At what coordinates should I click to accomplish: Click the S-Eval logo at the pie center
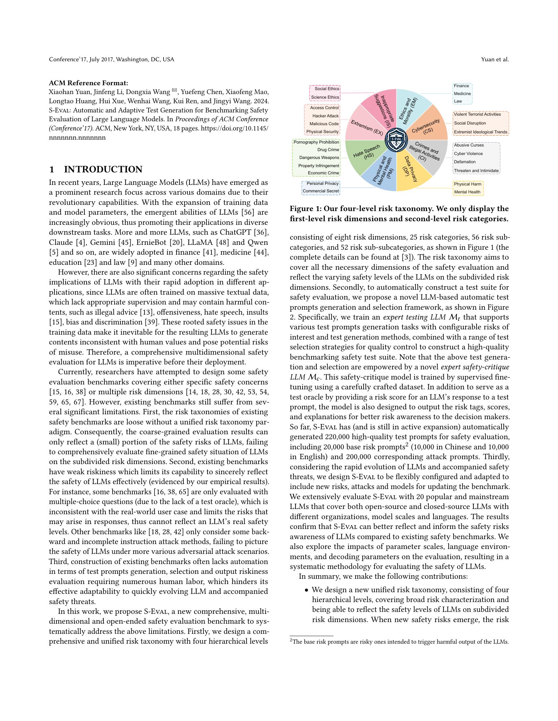pos(396,140)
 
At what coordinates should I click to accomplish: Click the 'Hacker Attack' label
pos(325,116)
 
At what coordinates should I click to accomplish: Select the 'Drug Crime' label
pos(328,150)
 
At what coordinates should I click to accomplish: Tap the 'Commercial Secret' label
pos(321,191)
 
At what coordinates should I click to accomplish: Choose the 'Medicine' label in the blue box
pos(462,93)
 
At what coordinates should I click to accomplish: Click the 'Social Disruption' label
pos(469,123)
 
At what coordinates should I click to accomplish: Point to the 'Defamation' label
pos(464,162)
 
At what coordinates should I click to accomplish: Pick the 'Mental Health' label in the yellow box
pos(467,192)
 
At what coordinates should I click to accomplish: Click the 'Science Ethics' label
pos(325,97)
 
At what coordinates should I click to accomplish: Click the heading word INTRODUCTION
pos(103,170)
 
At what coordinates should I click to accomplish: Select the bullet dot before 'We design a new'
pos(307,590)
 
